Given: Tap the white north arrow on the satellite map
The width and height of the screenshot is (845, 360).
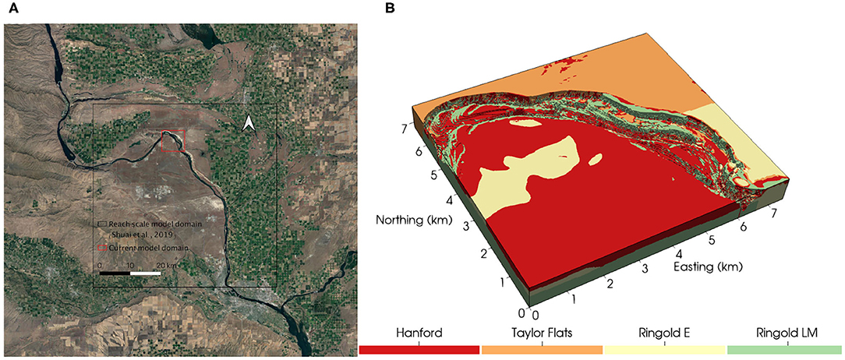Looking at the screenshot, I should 249,124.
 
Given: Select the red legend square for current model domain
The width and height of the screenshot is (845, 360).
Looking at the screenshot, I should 101,248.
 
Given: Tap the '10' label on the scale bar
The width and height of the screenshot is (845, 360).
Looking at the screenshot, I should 130,266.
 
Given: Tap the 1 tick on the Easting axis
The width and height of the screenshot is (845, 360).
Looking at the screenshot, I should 574,298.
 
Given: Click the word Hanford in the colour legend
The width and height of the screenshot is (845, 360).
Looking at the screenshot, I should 419,333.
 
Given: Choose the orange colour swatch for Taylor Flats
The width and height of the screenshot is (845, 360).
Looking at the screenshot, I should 542,350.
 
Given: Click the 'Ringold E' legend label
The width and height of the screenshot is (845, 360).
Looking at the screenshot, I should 664,333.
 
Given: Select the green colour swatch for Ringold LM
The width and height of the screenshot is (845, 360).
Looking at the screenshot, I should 786,350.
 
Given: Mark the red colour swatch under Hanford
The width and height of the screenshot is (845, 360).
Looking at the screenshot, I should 419,350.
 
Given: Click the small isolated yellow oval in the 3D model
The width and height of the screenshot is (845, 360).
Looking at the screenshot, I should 597,160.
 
